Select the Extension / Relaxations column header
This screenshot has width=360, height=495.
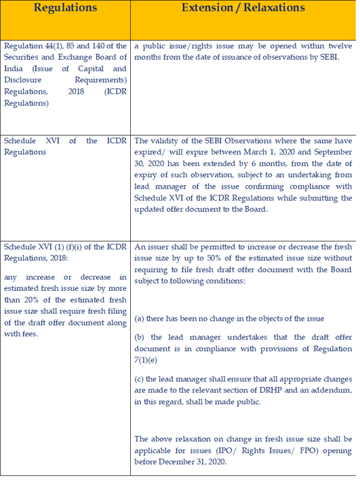point(243,8)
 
